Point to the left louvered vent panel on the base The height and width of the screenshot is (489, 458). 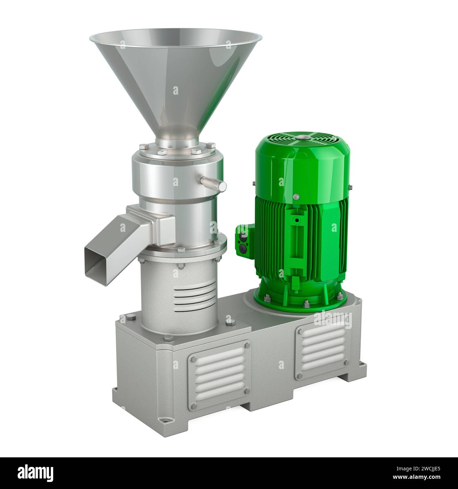click(x=218, y=371)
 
